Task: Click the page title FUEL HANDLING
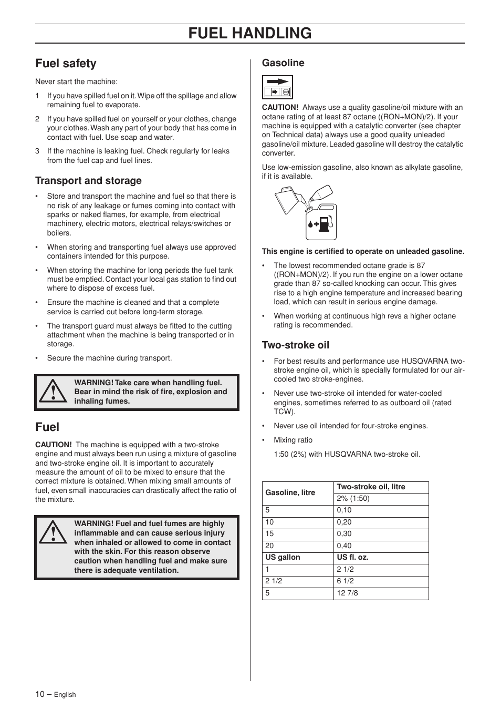tap(249, 33)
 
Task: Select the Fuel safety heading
tap(66, 64)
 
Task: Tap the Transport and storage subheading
tap(88, 181)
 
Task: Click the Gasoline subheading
tap(283, 63)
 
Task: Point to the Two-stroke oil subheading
tap(296, 345)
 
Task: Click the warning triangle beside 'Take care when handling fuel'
tap(52, 392)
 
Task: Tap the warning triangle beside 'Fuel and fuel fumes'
tap(52, 533)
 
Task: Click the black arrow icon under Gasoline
tap(277, 81)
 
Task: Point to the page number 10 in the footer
tap(40, 694)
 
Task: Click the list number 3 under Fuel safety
tap(37, 151)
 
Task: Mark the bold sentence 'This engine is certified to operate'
tap(363, 252)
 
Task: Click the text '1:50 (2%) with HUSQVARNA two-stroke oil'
tap(347, 455)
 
